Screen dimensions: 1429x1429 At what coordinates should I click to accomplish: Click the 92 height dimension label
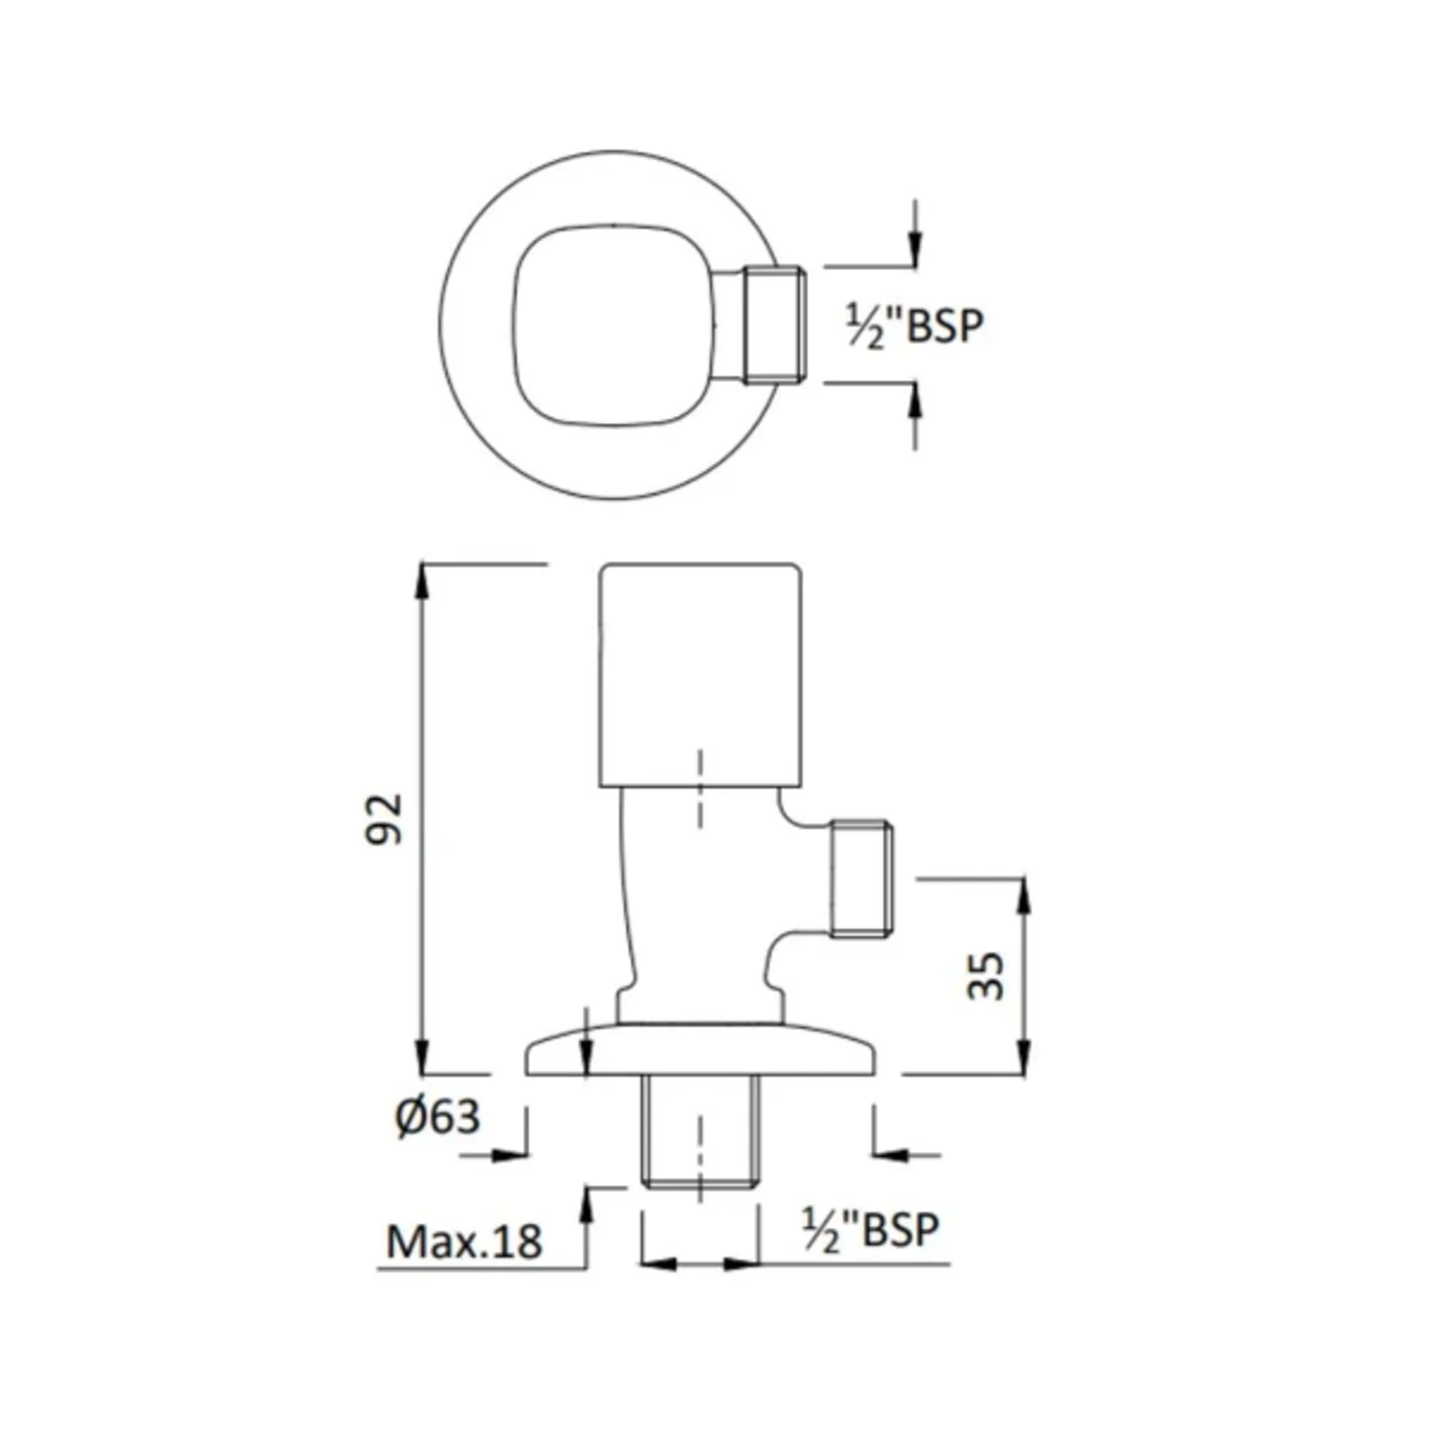pos(385,818)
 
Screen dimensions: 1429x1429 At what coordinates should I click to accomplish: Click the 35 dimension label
pos(986,975)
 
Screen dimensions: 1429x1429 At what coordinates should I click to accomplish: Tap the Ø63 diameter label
pos(437,1117)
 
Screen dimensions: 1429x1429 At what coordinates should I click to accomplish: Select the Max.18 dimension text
pos(464,1241)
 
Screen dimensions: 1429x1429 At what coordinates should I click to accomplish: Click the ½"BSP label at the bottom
pos(871,1230)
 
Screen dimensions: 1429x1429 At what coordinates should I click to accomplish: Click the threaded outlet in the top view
pos(775,325)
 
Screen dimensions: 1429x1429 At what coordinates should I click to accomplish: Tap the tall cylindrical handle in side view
pos(700,675)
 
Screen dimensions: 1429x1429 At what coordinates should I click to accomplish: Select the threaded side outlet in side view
pos(862,877)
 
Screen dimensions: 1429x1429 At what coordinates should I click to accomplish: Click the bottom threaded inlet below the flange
pos(700,1132)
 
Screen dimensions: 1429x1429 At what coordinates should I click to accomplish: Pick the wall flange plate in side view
pos(700,1050)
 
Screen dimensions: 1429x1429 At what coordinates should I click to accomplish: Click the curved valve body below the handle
pos(700,905)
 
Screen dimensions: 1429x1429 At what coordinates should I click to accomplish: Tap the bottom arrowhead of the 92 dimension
pos(420,1057)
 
